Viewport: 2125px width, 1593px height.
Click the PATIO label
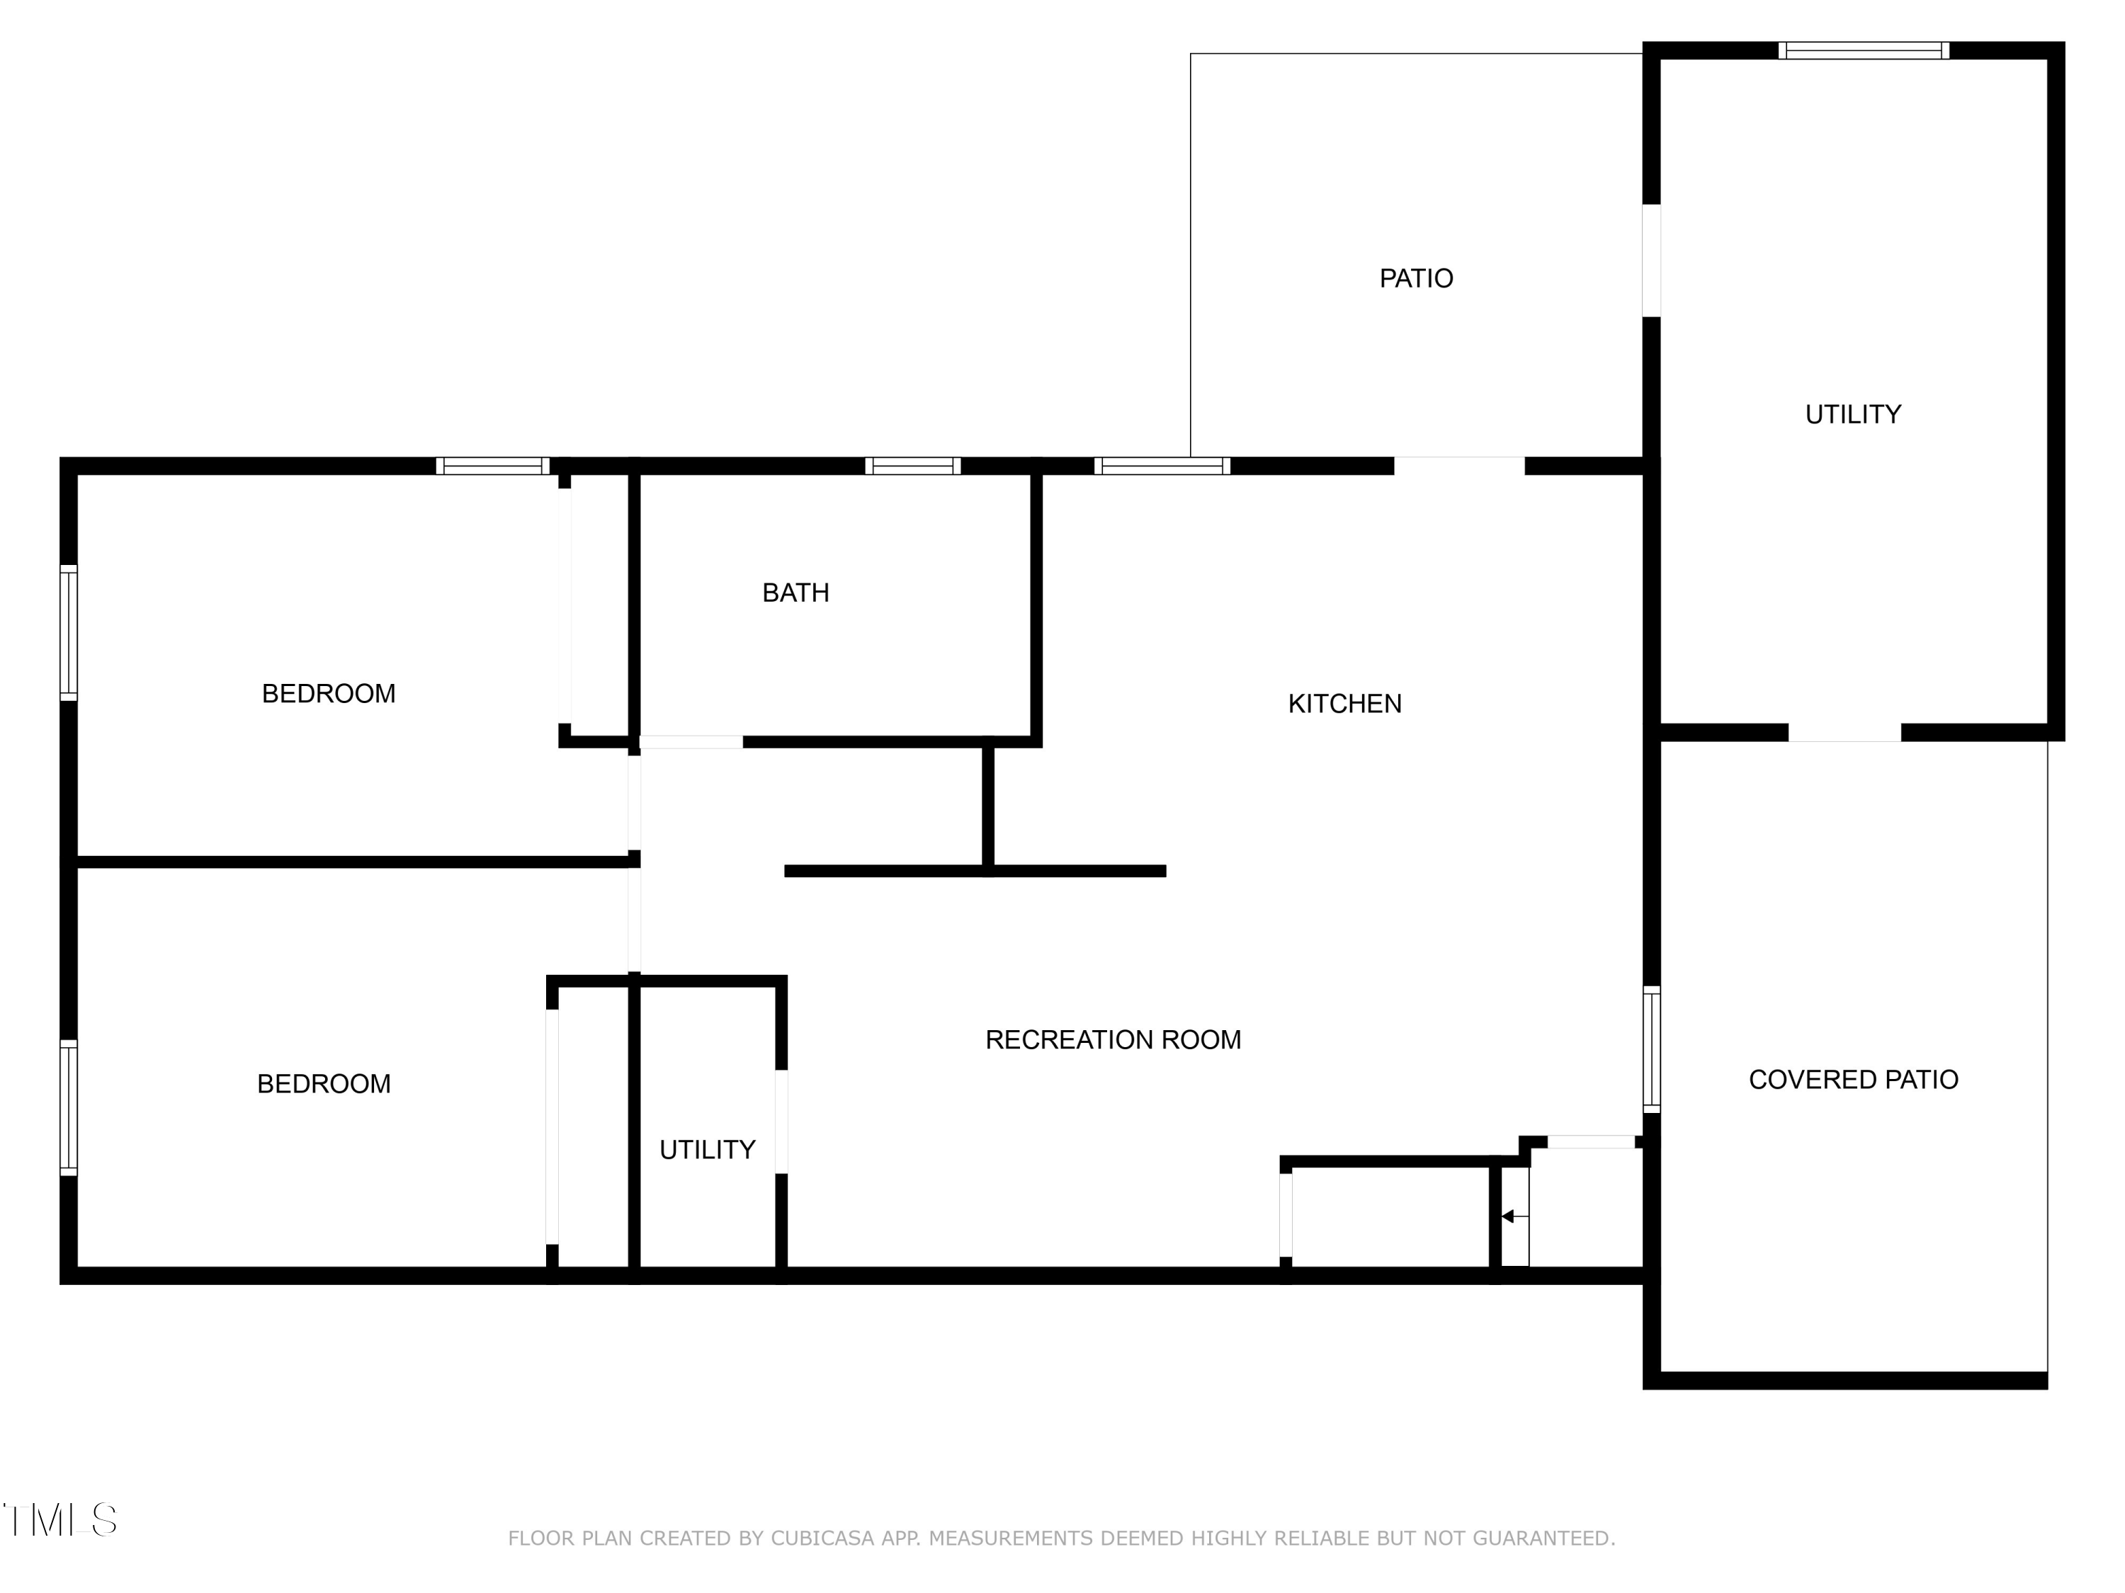[1415, 278]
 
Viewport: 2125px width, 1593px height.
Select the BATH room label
[795, 593]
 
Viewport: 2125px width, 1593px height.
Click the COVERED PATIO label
[1852, 1079]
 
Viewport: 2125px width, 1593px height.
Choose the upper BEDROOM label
[329, 693]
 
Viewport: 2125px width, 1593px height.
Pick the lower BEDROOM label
[324, 1083]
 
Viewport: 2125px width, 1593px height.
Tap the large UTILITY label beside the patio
[1852, 414]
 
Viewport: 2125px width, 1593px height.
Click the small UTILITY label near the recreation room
[707, 1149]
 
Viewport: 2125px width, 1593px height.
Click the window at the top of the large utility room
[1863, 51]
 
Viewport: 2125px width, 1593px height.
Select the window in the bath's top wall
[912, 466]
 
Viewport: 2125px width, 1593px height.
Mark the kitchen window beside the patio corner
[1162, 466]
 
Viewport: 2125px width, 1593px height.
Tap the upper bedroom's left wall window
[68, 633]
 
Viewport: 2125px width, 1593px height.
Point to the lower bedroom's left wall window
[68, 1107]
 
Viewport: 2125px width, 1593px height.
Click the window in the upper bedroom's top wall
[493, 466]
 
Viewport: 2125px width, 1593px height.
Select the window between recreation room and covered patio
[1651, 1049]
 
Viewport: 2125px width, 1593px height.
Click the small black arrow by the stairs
[1507, 1216]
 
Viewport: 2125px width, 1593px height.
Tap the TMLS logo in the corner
[59, 1520]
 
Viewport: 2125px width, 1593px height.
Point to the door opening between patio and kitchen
[1458, 466]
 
